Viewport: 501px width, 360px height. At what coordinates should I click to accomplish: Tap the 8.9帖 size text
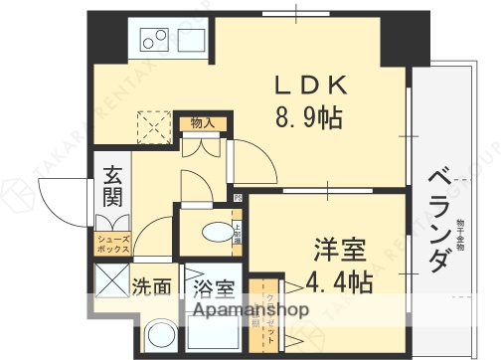pos(309,118)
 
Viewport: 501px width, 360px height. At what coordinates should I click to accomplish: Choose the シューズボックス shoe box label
pos(110,242)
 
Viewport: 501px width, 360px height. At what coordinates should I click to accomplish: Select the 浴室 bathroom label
pos(213,289)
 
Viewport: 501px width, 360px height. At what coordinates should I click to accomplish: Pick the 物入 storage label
pos(203,122)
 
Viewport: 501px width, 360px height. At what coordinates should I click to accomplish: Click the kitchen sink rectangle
pos(189,41)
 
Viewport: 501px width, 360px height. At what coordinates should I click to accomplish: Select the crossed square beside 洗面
pos(110,281)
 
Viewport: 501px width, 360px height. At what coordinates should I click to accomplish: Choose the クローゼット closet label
pos(269,314)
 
